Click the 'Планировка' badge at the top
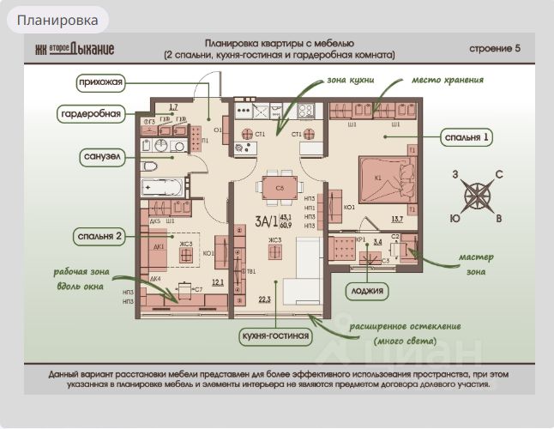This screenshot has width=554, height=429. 57,20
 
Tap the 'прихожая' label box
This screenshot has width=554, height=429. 99,83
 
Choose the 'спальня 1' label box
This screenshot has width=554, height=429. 467,136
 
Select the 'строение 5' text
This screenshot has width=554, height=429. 495,48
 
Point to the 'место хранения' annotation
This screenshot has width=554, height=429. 447,80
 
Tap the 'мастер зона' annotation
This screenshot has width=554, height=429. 476,263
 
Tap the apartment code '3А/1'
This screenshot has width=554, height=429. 266,221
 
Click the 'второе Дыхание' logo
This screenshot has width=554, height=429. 74,49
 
